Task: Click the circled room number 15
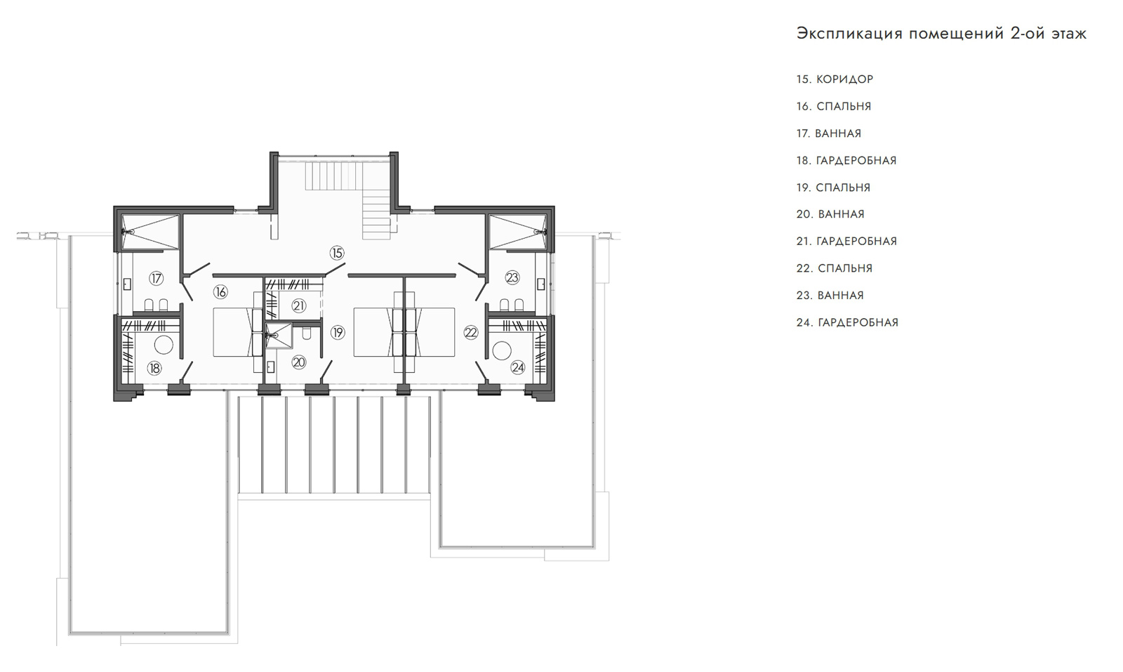[x=337, y=253]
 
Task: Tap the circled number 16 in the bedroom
[x=220, y=291]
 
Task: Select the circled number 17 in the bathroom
[x=157, y=278]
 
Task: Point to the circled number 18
[x=154, y=368]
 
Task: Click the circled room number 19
[x=338, y=332]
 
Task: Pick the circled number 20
[x=299, y=362]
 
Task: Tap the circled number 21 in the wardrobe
[x=299, y=305]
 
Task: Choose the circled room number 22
[x=471, y=332]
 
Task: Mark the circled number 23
[x=512, y=277]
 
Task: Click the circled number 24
[x=517, y=367]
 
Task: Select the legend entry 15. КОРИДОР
[x=835, y=79]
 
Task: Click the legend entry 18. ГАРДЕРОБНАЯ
[x=846, y=161]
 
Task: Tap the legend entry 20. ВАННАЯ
[x=830, y=214]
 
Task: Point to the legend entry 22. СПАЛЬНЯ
[x=835, y=268]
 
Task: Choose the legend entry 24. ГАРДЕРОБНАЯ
[x=847, y=322]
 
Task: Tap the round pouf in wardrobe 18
[x=164, y=345]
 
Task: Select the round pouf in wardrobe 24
[x=501, y=350]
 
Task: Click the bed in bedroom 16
[x=232, y=332]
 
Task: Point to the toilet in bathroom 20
[x=307, y=333]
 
